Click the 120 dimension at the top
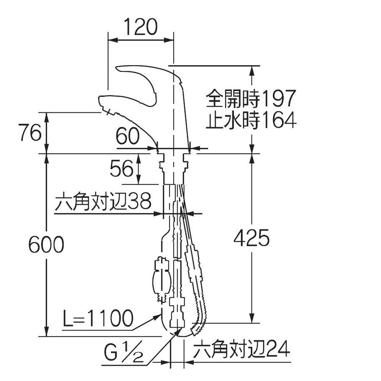140,27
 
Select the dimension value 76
30,132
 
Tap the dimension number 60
128,136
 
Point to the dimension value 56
121,169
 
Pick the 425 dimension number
251,238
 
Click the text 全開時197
251,99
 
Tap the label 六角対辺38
103,201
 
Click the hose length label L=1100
98,318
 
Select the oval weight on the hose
161,280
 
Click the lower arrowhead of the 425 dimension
252,318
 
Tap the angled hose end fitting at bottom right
198,329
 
